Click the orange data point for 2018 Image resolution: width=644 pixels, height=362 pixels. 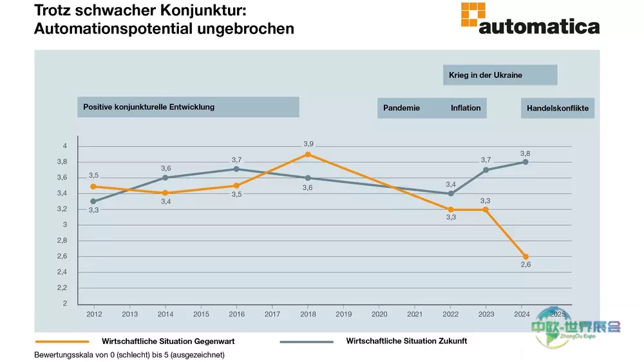click(x=308, y=154)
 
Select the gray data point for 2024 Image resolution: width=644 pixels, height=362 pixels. click(x=526, y=162)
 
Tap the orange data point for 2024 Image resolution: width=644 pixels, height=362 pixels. click(x=526, y=257)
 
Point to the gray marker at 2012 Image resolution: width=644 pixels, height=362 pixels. click(x=93, y=201)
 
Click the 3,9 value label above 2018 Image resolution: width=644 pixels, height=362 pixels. click(x=308, y=143)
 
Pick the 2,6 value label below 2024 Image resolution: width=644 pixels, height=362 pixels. click(x=525, y=267)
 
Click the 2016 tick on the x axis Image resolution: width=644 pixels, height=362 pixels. click(x=237, y=314)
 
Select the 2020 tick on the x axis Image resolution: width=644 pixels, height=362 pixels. click(x=380, y=314)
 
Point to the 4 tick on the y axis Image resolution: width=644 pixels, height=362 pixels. click(x=64, y=146)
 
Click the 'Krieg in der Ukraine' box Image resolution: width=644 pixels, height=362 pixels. click(x=500, y=75)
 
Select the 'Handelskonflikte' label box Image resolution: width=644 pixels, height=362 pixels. click(x=557, y=108)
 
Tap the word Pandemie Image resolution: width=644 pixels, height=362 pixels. click(x=401, y=108)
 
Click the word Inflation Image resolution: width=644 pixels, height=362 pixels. click(x=466, y=108)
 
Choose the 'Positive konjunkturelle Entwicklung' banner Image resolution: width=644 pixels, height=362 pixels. click(x=188, y=107)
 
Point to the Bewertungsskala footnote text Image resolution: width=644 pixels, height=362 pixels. click(x=129, y=355)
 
